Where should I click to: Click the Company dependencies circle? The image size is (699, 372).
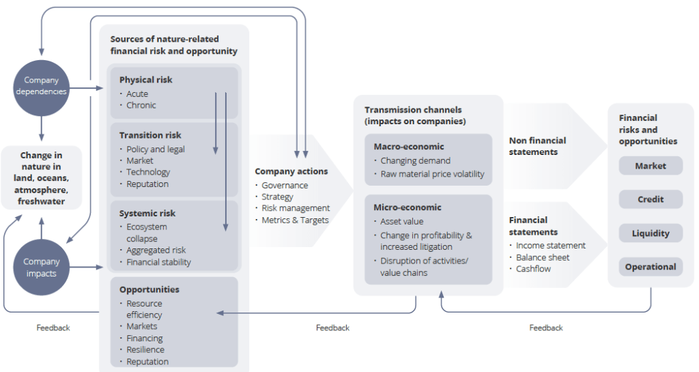click(42, 86)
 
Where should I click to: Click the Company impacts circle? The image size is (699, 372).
click(42, 267)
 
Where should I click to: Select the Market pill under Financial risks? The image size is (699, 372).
click(651, 166)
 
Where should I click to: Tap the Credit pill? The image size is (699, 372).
click(651, 199)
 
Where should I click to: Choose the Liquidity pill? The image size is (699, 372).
click(651, 233)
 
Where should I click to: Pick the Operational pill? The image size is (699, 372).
click(651, 267)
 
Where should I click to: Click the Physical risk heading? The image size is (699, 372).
click(145, 80)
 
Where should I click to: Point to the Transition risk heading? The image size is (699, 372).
click(150, 135)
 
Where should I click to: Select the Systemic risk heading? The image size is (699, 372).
click(147, 213)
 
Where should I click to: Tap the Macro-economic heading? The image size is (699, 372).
click(409, 147)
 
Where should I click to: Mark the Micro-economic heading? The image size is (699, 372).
click(408, 207)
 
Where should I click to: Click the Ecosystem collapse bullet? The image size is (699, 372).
click(147, 233)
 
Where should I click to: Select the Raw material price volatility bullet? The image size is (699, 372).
click(432, 174)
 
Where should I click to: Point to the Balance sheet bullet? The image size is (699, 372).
click(543, 257)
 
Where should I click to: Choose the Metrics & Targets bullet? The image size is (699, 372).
click(295, 220)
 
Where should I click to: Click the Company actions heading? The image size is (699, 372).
click(291, 171)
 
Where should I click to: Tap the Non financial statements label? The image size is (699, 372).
click(538, 146)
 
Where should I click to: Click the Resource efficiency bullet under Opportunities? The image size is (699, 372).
click(144, 309)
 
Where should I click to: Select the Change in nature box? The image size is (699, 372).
click(42, 178)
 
